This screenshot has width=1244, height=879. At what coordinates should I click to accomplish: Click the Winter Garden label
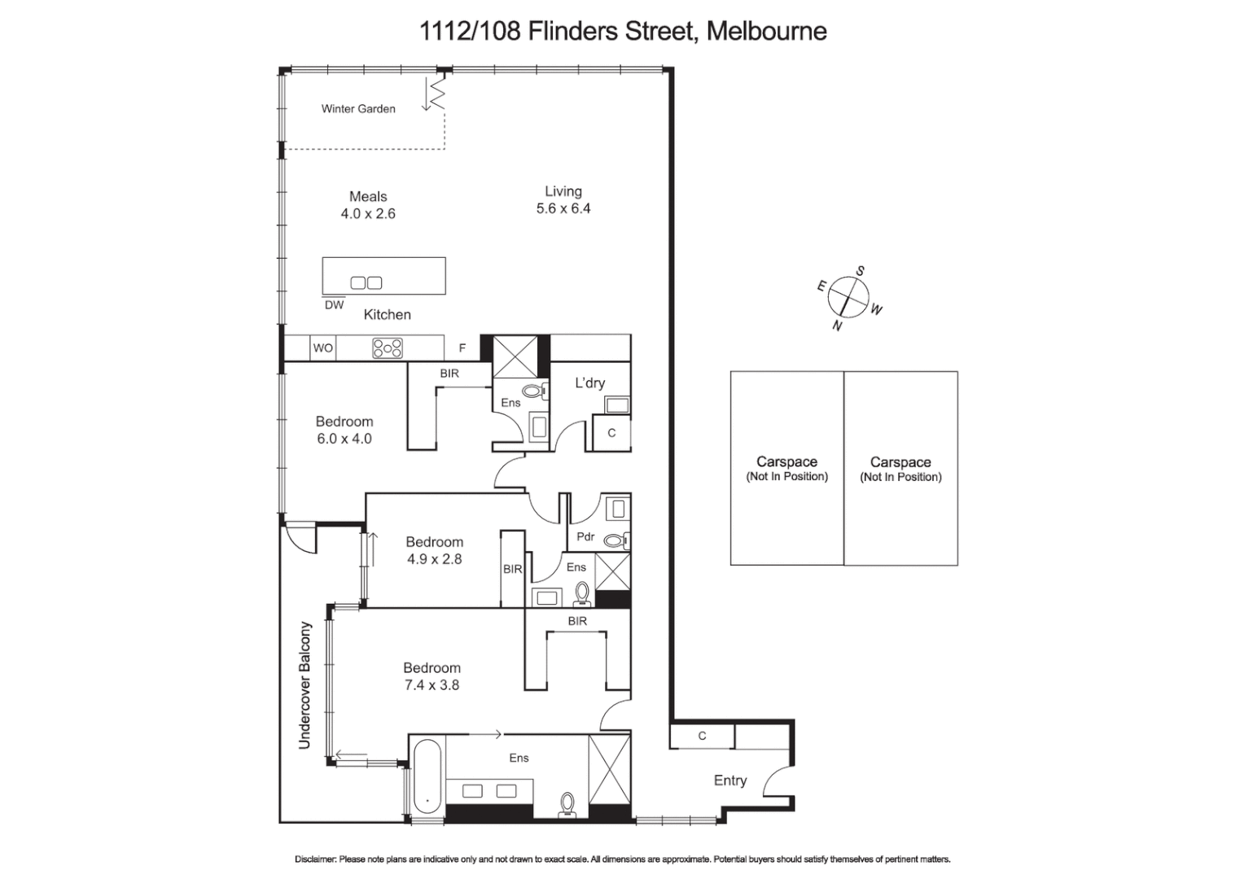pos(358,108)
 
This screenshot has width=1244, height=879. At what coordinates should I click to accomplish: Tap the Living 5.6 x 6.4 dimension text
pos(563,208)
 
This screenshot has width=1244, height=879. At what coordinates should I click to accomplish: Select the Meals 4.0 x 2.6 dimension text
pos(368,214)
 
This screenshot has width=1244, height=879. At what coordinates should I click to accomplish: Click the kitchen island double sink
pos(366,282)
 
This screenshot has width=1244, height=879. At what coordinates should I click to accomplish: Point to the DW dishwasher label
pos(334,305)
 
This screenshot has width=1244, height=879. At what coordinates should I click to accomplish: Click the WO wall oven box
pos(323,348)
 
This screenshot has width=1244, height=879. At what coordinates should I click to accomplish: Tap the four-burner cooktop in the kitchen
pos(388,348)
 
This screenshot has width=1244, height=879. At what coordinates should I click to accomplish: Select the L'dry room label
pos(590,383)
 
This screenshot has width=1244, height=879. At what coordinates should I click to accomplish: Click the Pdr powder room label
pos(585,537)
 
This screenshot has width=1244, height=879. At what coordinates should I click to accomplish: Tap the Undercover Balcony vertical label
pos(305,685)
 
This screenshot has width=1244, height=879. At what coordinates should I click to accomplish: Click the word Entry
pos(730,781)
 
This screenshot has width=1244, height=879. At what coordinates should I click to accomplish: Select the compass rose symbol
pos(848,297)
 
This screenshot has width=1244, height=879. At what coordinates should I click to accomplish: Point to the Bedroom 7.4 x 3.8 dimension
pos(432,685)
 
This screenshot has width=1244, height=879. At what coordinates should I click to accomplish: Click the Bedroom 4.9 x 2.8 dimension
pos(435,559)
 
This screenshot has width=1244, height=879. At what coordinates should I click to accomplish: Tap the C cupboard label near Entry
pos(702,736)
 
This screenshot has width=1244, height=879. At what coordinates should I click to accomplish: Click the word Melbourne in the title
pos(767,31)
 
